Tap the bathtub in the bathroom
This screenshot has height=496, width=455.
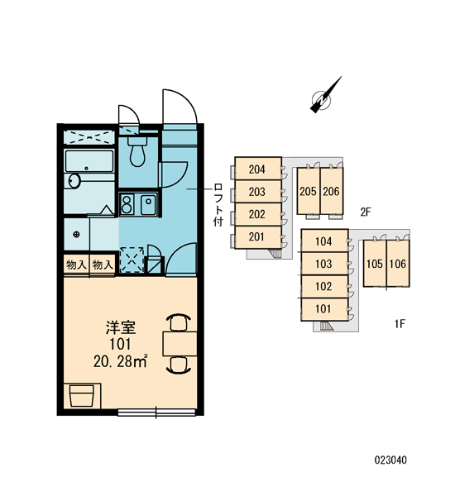click(x=89, y=161)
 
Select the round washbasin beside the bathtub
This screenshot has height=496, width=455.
click(x=74, y=181)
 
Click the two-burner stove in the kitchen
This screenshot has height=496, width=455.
click(x=127, y=204)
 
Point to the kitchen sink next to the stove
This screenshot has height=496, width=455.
click(x=148, y=204)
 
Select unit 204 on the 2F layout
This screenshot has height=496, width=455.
click(x=258, y=169)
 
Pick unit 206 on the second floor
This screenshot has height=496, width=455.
click(x=332, y=191)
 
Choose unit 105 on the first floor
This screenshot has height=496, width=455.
click(x=375, y=263)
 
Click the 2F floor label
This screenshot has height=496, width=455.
click(x=366, y=212)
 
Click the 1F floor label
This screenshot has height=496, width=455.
click(x=400, y=323)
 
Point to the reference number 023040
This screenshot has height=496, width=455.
click(x=390, y=460)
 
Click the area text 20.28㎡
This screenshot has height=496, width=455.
click(x=121, y=361)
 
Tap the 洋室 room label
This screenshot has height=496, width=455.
click(x=121, y=327)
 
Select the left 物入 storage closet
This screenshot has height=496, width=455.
click(x=76, y=265)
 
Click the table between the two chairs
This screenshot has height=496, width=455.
click(x=180, y=344)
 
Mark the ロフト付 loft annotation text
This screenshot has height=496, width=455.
click(x=218, y=204)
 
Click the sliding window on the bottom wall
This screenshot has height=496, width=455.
click(x=156, y=413)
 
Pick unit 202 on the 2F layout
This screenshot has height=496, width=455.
click(x=258, y=214)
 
